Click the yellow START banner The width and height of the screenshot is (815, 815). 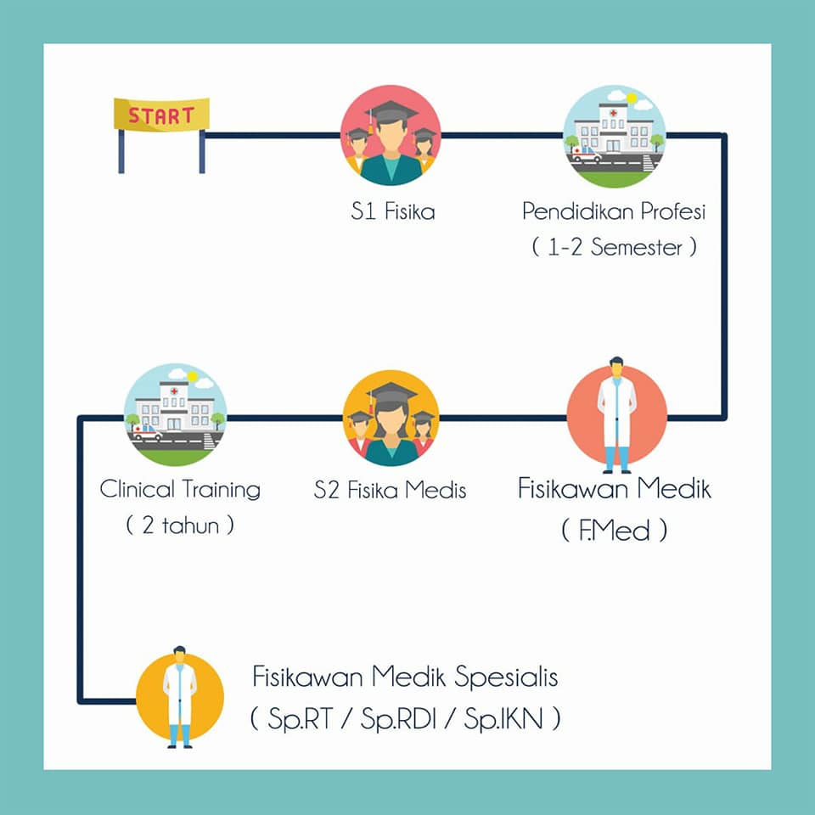point(161,115)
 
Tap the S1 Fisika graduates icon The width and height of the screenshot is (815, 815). point(391,135)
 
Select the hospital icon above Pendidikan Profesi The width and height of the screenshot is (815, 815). point(614,136)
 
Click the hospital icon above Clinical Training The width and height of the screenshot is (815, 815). point(175,415)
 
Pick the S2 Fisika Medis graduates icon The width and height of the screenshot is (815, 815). point(391,418)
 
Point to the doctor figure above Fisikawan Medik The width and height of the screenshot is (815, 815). point(617,415)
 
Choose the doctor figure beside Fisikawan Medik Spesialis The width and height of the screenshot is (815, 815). point(180,697)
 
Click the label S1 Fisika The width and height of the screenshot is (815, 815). point(393,211)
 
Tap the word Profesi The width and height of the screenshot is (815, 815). point(672,211)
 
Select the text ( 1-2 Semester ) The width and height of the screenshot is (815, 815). point(614,247)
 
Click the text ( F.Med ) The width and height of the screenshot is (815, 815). point(615,531)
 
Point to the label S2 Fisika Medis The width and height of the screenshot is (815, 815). point(390,490)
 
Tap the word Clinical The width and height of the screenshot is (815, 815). point(138,489)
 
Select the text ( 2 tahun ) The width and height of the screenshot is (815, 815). point(180,525)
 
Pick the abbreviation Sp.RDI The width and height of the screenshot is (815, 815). point(398,719)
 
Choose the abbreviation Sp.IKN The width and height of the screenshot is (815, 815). point(503,719)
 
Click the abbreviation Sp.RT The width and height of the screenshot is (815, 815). point(300,719)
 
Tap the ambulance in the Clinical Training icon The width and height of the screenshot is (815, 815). point(148,432)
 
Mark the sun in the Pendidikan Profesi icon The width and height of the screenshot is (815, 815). point(632,98)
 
